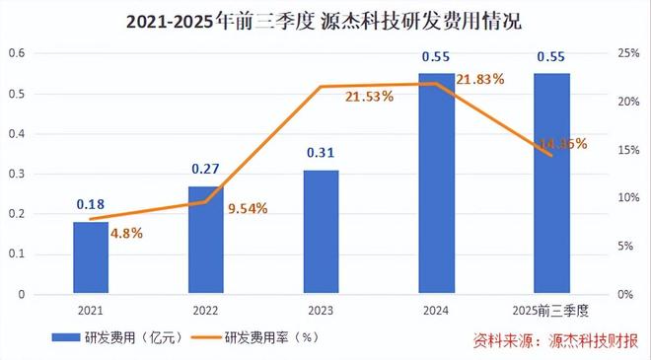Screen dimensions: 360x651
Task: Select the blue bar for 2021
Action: point(91,257)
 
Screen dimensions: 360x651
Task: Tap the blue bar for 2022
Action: point(206,240)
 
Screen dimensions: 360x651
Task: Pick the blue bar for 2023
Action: point(321,232)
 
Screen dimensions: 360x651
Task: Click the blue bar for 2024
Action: point(436,183)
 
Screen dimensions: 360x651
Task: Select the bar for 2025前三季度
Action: point(551,183)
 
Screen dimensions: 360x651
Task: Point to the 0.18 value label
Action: point(91,205)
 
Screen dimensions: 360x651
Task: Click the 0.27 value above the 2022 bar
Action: point(206,169)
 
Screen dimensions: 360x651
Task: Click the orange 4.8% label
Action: point(126,233)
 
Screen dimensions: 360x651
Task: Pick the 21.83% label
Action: point(482,78)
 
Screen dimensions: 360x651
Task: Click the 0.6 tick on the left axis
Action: point(16,52)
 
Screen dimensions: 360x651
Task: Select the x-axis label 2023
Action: point(321,310)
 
